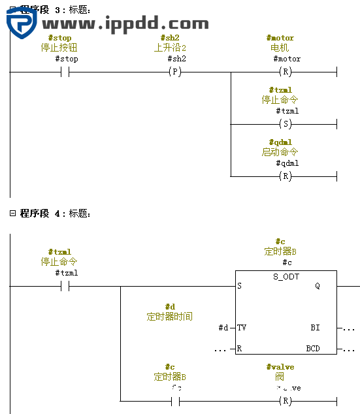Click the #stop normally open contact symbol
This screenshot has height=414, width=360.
[65, 71]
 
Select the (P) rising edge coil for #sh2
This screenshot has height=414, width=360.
[175, 71]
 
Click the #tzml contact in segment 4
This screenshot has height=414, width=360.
[65, 285]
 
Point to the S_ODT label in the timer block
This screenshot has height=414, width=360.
[286, 277]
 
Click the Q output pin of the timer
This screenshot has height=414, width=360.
[318, 286]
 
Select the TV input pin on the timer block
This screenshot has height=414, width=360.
[242, 328]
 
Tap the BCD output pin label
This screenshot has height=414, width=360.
[313, 349]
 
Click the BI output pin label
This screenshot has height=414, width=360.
[316, 328]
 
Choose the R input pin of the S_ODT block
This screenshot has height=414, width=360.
[240, 349]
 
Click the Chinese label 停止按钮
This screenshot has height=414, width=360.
[59, 48]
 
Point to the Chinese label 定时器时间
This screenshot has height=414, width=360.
[169, 317]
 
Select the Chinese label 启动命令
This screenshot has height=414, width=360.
[280, 152]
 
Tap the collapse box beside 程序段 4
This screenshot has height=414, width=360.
[12, 214]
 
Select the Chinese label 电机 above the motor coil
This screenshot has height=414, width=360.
[280, 48]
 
